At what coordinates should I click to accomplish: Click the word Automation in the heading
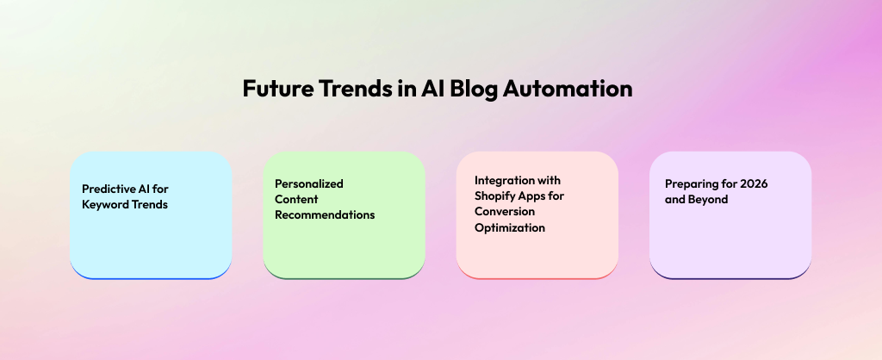coord(568,89)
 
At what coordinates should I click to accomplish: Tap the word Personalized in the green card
coord(309,183)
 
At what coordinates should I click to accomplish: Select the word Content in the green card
coord(296,199)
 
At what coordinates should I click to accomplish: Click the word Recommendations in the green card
coord(325,214)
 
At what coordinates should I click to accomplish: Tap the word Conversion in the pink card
coord(505,212)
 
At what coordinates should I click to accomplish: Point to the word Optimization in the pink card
coord(510,228)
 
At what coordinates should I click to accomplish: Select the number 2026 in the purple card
coord(754,184)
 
